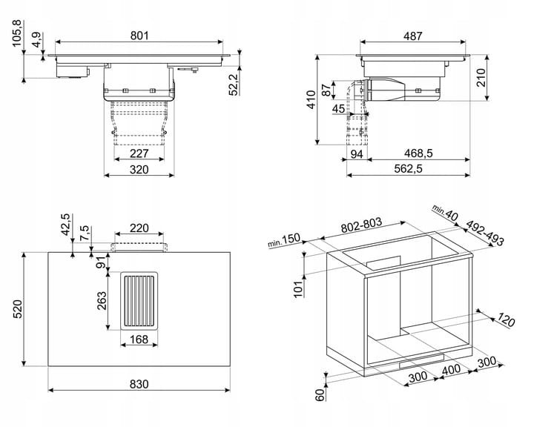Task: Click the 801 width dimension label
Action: pos(139,36)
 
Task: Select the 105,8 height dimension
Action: pos(16,33)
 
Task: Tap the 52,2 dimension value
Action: pos(234,85)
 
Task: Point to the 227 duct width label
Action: pos(139,153)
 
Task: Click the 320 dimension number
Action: pos(139,169)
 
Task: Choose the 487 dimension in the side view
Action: pos(413,36)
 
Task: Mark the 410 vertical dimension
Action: pos(311,100)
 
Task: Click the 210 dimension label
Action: pos(481,78)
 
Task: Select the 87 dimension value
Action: pos(326,90)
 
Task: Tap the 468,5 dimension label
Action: pos(418,153)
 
